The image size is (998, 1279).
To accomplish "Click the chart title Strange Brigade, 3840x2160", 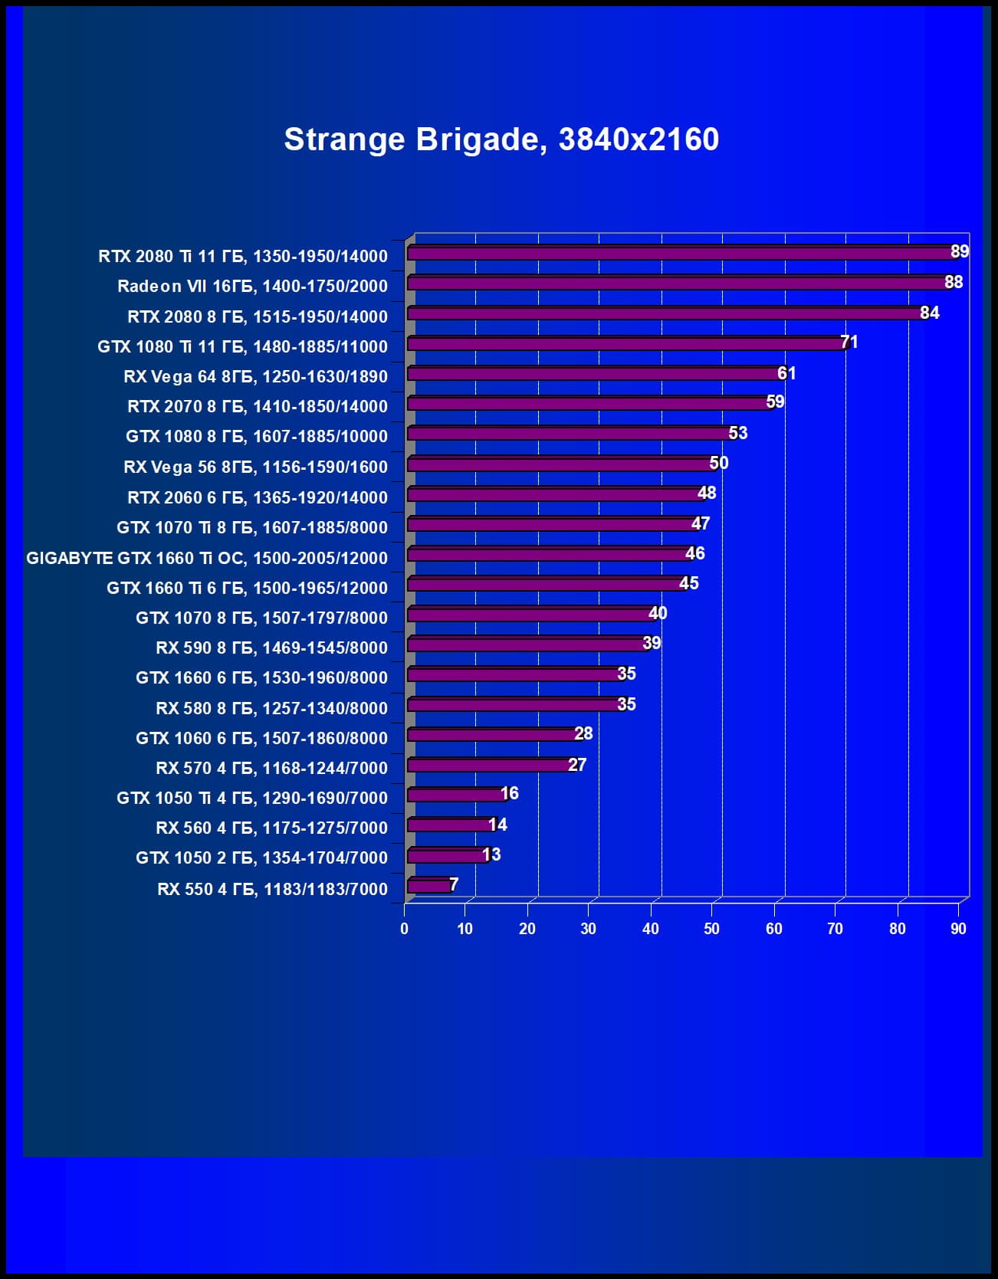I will (x=501, y=139).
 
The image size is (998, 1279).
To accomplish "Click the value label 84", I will (x=929, y=313).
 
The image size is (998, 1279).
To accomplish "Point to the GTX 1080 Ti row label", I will (x=242, y=346).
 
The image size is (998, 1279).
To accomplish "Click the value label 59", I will (x=775, y=402).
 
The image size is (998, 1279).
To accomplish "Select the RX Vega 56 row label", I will (x=255, y=467).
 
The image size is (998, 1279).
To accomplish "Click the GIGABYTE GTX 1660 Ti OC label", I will (x=207, y=558).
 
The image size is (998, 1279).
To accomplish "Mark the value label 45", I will (x=688, y=583).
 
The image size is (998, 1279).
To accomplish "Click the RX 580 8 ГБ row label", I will (x=271, y=708).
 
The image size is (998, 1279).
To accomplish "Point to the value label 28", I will (x=583, y=733).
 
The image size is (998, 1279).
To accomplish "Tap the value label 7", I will (x=454, y=884).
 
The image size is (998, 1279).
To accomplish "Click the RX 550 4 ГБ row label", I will (x=272, y=889).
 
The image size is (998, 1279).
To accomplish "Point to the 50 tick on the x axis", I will (x=711, y=929).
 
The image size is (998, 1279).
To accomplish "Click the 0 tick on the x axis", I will (x=405, y=929).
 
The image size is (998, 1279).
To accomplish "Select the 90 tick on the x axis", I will (x=958, y=929).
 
